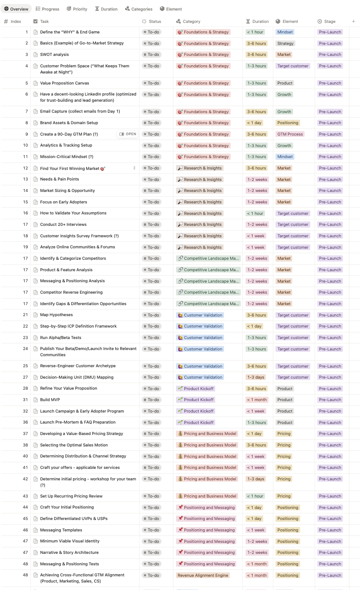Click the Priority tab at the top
pyautogui.click(x=77, y=9)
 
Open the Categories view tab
pyautogui.click(x=139, y=9)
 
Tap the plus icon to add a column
pyautogui.click(x=353, y=21)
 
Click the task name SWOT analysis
pyautogui.click(x=55, y=55)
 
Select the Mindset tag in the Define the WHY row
pyautogui.click(x=285, y=32)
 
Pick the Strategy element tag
pyautogui.click(x=285, y=44)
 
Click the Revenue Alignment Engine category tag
pyautogui.click(x=202, y=575)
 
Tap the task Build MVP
pyautogui.click(x=50, y=400)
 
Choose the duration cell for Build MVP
pyautogui.click(x=257, y=400)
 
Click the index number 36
pyautogui.click(x=25, y=422)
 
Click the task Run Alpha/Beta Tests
pyautogui.click(x=61, y=338)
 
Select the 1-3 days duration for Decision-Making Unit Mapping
pyautogui.click(x=256, y=377)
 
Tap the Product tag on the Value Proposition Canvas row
pyautogui.click(x=285, y=83)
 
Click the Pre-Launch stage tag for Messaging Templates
pyautogui.click(x=330, y=530)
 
